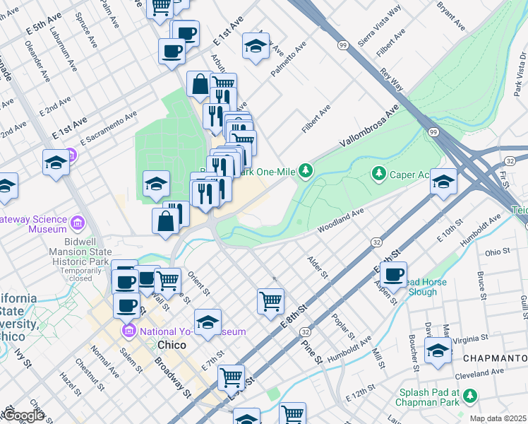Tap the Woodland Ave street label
click(x=340, y=220)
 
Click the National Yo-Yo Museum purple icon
click(x=128, y=331)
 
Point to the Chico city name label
click(x=171, y=345)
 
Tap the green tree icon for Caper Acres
click(x=379, y=173)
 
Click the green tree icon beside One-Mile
click(x=305, y=170)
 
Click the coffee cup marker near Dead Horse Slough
click(x=393, y=273)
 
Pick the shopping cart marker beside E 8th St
click(x=270, y=300)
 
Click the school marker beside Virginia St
click(x=438, y=349)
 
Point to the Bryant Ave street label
click(x=451, y=16)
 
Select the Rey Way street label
click(x=391, y=80)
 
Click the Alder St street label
click(x=315, y=266)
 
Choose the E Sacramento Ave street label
click(x=108, y=128)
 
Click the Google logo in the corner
click(x=23, y=416)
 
